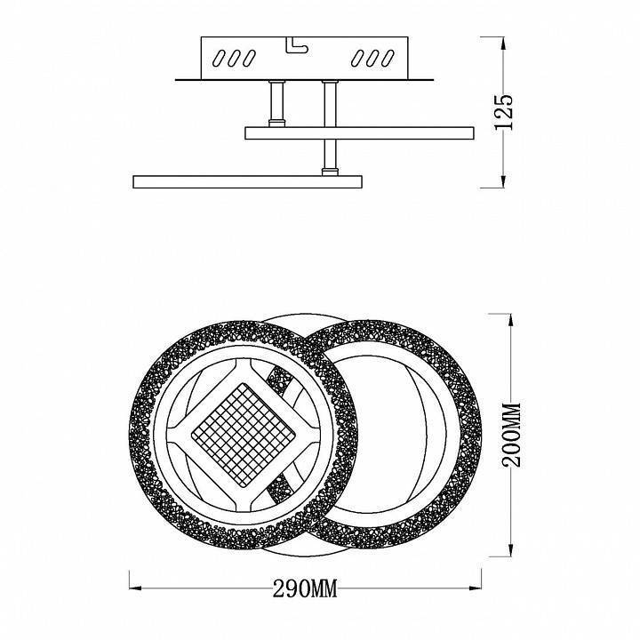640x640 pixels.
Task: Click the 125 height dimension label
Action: point(504,112)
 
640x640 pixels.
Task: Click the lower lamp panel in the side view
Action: point(248,181)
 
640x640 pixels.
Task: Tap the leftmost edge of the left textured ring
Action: point(133,434)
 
